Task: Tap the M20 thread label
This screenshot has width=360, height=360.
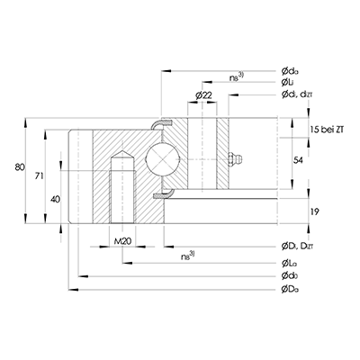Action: tap(124, 241)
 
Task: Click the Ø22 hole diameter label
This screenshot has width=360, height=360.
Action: tap(202, 96)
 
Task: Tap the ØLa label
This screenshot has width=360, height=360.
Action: tap(290, 262)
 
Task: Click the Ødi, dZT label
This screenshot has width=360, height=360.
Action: tap(301, 95)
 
